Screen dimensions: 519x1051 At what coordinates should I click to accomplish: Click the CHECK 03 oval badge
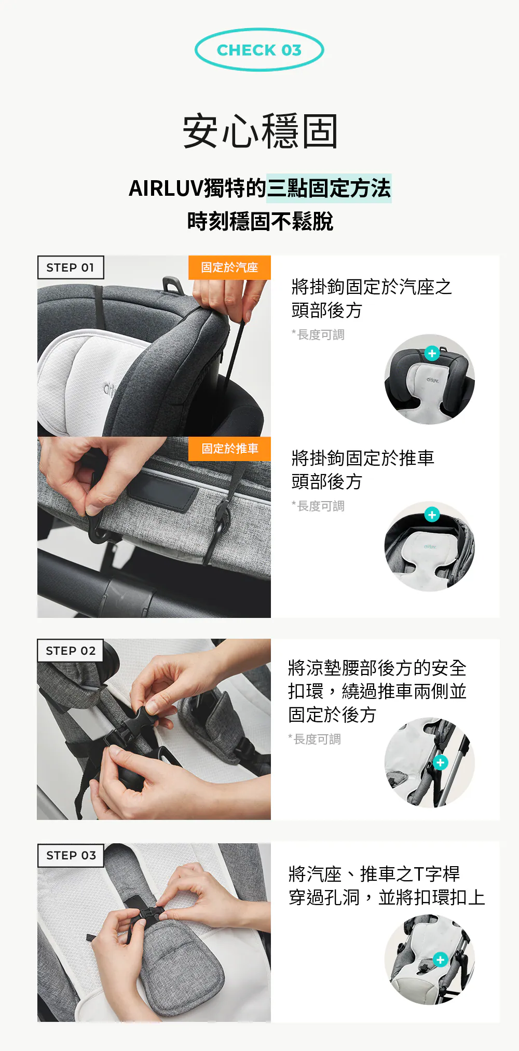[x=259, y=50]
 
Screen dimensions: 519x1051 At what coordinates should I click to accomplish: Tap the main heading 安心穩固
[x=260, y=131]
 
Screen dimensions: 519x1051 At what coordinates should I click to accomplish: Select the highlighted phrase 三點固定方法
[x=329, y=188]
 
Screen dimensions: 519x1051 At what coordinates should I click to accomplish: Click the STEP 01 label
[x=71, y=267]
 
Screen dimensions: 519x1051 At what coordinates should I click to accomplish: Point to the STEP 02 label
[x=71, y=651]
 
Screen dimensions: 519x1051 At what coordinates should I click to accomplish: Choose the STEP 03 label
[x=71, y=855]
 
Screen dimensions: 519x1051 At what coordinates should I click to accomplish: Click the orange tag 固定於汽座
[x=229, y=267]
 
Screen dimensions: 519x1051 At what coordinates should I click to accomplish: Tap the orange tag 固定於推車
[x=229, y=449]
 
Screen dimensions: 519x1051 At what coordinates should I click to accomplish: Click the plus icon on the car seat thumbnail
[x=432, y=353]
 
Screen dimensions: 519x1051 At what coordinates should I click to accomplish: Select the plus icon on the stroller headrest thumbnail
[x=432, y=515]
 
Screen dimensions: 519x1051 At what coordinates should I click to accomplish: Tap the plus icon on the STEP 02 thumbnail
[x=441, y=762]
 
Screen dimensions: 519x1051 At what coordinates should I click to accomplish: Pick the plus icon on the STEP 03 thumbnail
[x=440, y=960]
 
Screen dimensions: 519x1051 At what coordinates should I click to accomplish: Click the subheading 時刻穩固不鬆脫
[x=260, y=221]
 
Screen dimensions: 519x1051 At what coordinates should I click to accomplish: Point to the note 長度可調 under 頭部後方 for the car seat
[x=318, y=335]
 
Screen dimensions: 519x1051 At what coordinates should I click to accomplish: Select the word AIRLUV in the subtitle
[x=166, y=188]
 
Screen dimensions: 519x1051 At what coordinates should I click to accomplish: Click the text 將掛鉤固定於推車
[x=363, y=458]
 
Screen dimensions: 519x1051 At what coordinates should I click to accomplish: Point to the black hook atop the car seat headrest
[x=172, y=285]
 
